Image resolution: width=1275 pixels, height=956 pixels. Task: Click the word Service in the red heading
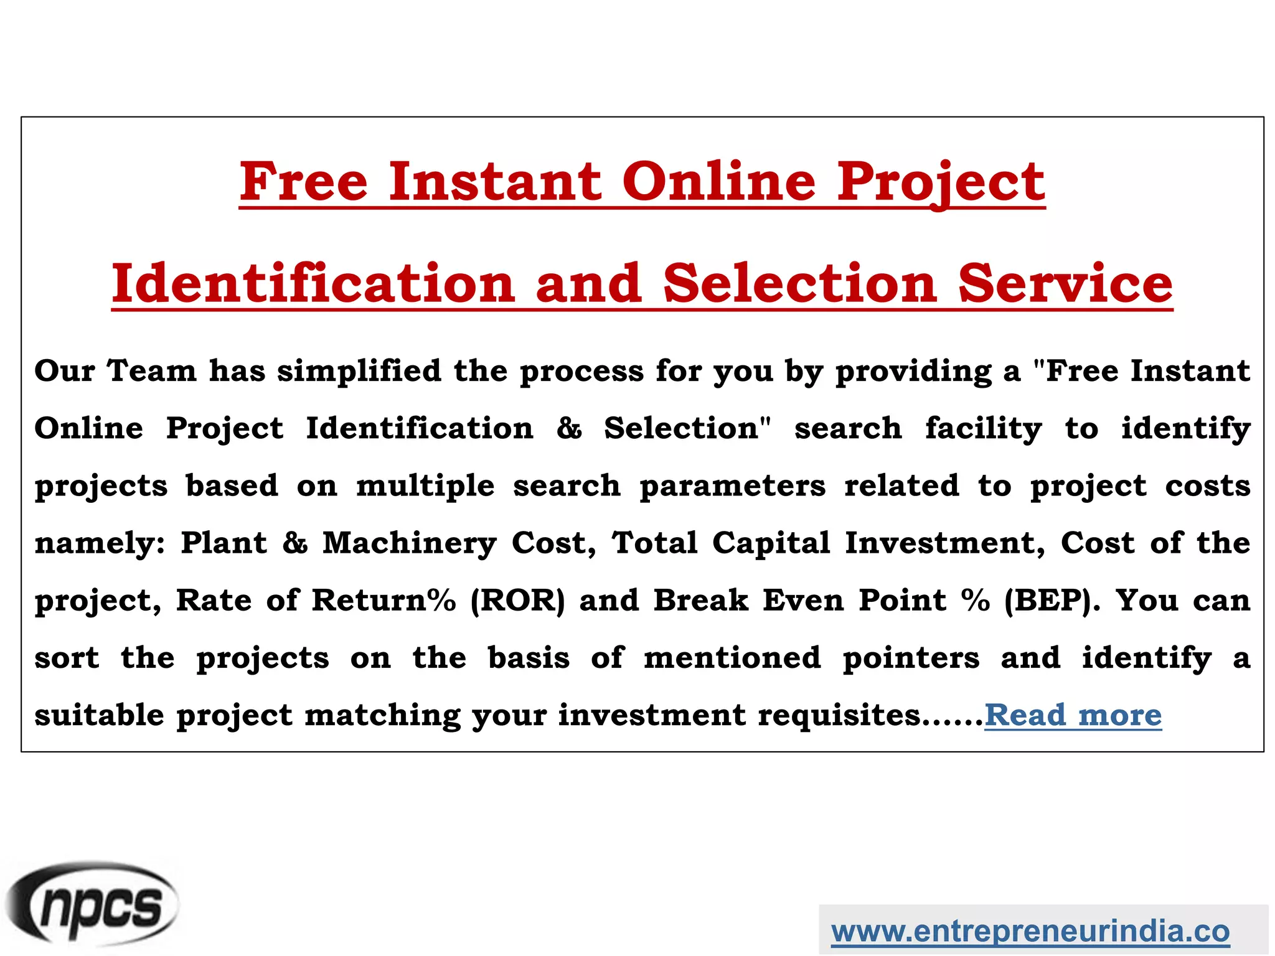[1065, 284]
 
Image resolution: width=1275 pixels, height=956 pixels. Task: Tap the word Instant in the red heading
[496, 182]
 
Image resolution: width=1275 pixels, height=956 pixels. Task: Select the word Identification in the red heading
[313, 284]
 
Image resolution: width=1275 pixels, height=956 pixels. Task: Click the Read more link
[1073, 715]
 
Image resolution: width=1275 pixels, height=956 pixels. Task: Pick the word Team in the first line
[151, 372]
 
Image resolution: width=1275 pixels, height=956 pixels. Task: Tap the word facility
[983, 429]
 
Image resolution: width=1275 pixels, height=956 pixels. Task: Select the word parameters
[732, 486]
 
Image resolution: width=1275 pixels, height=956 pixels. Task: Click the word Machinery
[410, 543]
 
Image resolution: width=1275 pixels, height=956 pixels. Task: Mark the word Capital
[771, 543]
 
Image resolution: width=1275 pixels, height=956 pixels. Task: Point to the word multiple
[425, 486]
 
